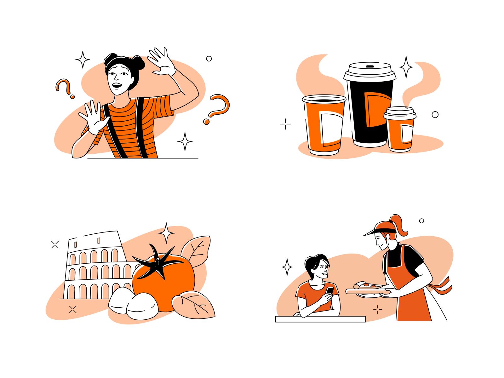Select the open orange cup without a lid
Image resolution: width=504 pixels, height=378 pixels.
(x=324, y=126)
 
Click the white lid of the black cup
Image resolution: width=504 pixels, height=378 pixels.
(x=369, y=71)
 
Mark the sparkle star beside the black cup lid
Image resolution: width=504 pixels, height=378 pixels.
(x=406, y=67)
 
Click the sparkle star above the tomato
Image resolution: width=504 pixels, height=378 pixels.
(x=166, y=233)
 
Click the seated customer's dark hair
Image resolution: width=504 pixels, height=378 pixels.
(x=315, y=263)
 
